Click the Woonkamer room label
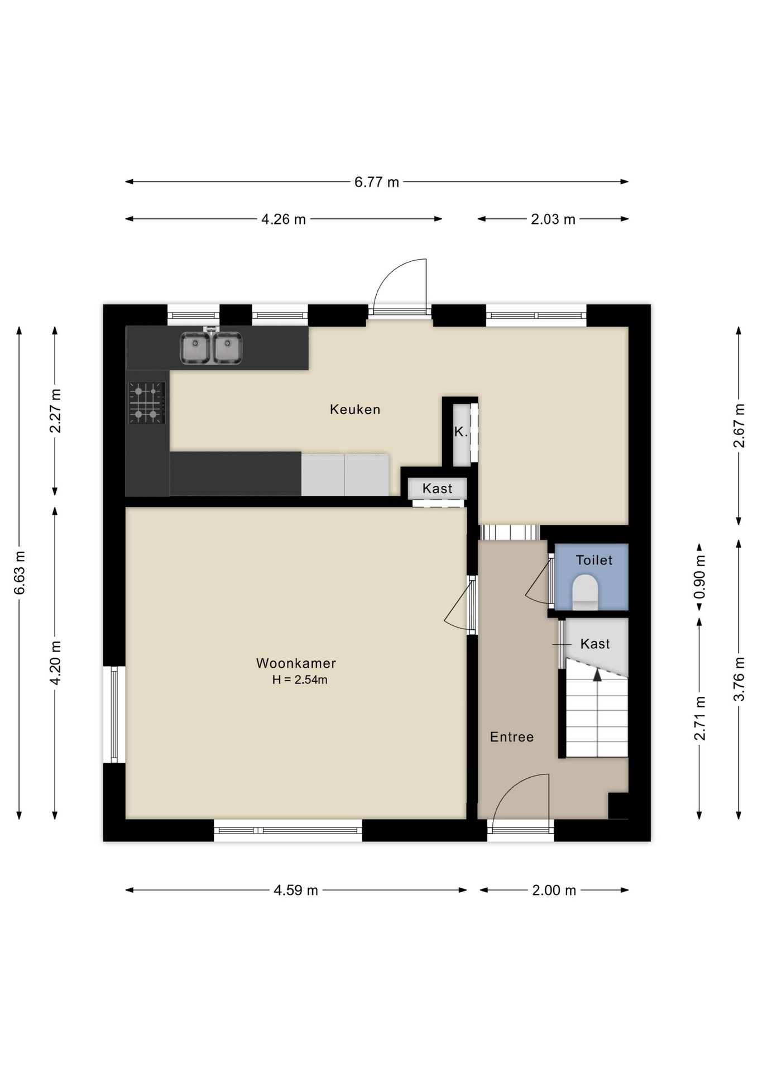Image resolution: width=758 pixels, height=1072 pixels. (296, 663)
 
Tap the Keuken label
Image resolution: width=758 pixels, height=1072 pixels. (355, 409)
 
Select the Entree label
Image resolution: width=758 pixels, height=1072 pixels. (512, 737)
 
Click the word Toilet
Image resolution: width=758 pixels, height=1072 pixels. (594, 560)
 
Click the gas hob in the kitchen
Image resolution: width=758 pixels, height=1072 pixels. (147, 403)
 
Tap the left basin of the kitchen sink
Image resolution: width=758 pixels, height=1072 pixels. (195, 348)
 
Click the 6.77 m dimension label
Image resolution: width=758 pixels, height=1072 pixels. (377, 182)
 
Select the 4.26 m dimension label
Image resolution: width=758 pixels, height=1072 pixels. (284, 219)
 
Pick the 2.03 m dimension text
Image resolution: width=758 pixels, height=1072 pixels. (553, 219)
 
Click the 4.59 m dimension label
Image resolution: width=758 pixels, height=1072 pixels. (295, 890)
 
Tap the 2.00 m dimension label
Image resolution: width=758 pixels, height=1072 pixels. (554, 890)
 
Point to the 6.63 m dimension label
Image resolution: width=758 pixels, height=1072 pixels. (20, 573)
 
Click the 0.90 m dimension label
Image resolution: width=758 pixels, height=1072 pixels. (699, 576)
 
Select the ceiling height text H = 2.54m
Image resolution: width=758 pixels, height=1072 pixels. (300, 680)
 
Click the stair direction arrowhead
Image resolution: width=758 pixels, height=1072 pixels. (597, 674)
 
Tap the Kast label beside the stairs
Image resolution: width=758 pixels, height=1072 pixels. (595, 644)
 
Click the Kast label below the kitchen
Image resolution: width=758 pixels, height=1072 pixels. (437, 489)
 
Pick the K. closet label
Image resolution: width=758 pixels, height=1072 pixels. (460, 432)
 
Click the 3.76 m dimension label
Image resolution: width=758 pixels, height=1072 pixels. (739, 679)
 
